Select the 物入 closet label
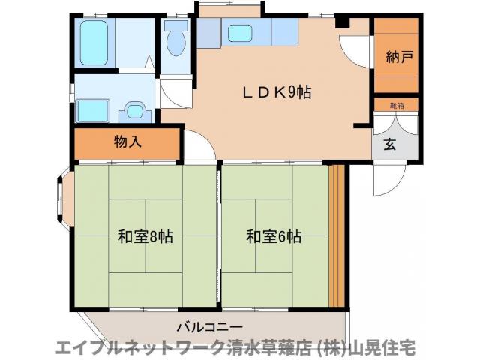point(127,141)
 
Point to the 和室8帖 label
point(145,237)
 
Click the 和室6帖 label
point(274,237)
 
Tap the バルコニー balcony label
point(209,327)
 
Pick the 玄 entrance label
point(390,145)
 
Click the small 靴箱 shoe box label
point(395,106)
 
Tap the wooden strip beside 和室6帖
point(337,235)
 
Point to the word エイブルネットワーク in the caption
point(132,348)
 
